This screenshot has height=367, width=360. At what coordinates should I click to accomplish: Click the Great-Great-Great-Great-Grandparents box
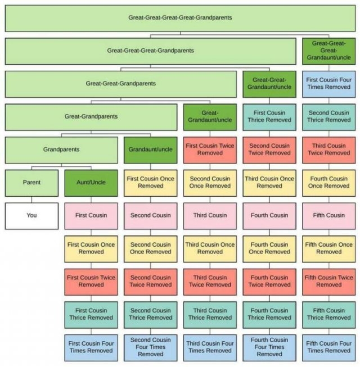[x=180, y=17]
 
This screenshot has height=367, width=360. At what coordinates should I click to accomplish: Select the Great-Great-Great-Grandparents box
[x=150, y=51]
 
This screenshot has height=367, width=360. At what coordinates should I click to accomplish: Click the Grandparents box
[x=61, y=149]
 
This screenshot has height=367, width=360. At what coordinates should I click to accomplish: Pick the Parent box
[x=31, y=182]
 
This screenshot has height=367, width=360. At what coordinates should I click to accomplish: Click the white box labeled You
[x=31, y=215]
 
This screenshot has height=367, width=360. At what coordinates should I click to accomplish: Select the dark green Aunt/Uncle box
[x=91, y=182]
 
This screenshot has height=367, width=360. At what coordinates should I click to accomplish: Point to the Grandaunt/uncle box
[x=150, y=149]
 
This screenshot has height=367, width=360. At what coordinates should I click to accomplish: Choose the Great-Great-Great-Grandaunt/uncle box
[x=329, y=51]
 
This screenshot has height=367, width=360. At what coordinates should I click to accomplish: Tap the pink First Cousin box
[x=91, y=215]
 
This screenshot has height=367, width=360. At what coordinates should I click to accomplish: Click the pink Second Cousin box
[x=150, y=215]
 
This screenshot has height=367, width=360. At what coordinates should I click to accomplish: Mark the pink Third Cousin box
[x=210, y=215]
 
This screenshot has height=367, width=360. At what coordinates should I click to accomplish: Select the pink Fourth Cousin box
[x=269, y=215]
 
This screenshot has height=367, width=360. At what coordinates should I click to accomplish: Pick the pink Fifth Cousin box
[x=329, y=215]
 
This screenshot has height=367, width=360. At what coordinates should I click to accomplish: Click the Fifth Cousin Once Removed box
[x=329, y=248]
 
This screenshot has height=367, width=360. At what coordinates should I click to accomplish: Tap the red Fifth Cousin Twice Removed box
[x=329, y=281]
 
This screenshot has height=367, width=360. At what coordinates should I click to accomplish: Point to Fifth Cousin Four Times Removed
[x=329, y=347]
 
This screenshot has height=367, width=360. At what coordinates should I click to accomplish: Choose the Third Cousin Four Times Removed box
[x=210, y=347]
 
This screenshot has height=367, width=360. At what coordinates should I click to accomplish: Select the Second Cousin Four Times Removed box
[x=150, y=347]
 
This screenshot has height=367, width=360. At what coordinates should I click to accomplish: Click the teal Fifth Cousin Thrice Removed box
[x=329, y=314]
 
